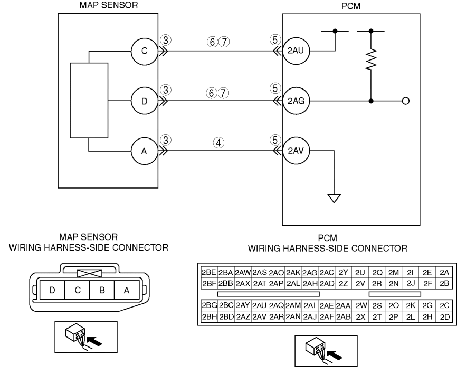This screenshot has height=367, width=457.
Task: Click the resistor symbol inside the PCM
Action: [371, 59]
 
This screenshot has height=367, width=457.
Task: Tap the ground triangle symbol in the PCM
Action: [334, 198]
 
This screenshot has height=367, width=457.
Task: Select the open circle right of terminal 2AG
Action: [405, 101]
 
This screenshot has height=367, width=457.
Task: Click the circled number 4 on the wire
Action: [218, 143]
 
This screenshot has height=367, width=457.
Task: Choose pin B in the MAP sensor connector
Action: [102, 290]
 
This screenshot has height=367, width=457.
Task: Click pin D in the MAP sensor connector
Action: [52, 290]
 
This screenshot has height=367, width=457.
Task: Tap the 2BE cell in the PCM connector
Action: [208, 272]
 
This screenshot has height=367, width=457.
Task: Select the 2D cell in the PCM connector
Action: [445, 316]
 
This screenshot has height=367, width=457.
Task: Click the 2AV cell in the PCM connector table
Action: [259, 316]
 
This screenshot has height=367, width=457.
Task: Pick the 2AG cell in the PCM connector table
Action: [310, 273]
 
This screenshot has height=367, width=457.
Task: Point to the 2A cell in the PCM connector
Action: [444, 272]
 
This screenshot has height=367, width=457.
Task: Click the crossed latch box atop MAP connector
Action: [90, 273]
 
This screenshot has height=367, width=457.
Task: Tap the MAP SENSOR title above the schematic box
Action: [109, 5]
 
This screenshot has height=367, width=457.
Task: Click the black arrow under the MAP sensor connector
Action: [94, 341]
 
